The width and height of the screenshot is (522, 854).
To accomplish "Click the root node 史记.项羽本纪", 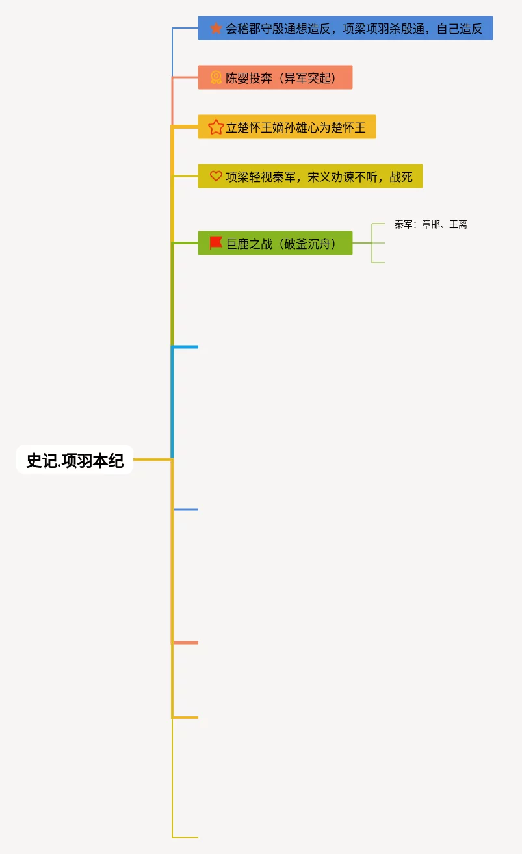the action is [75, 460].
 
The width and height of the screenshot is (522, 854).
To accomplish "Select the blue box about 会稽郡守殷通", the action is [345, 29].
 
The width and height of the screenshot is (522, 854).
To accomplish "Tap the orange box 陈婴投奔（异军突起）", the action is [275, 78].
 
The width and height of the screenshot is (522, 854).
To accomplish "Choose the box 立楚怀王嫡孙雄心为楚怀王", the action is [287, 127].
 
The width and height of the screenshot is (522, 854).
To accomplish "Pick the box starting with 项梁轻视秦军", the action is [310, 177].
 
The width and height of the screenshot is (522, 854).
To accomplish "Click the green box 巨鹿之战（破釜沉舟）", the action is [275, 244].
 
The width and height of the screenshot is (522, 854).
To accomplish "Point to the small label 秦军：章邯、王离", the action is [430, 225].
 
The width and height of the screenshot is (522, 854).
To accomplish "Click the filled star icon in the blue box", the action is [216, 29].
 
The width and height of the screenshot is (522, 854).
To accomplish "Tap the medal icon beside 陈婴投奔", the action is [216, 78].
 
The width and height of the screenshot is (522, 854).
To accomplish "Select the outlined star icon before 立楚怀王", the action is [216, 127].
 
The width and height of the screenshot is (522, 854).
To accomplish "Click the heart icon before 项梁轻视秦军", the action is [216, 176].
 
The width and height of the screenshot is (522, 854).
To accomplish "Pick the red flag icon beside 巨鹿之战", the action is [216, 243].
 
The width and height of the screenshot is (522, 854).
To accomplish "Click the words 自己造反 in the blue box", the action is [460, 29].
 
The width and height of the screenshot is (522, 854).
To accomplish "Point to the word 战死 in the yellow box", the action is [401, 177].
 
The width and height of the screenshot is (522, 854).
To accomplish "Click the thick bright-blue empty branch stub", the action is [186, 347].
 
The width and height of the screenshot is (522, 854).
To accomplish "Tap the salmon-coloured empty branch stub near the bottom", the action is [186, 643].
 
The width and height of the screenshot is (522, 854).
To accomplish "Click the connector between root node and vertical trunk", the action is [153, 459].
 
